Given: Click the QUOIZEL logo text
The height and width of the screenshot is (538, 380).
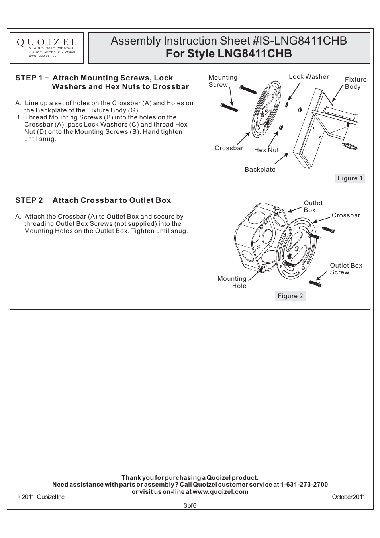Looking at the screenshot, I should click(47, 42).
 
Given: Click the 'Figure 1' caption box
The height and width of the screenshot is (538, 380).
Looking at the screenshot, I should click(350, 178).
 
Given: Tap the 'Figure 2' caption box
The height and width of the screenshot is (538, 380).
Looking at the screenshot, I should click(290, 296).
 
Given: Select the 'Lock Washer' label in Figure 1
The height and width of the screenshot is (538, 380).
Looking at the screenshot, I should click(309, 77).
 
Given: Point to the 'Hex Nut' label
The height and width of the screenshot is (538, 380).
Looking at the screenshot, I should click(266, 150).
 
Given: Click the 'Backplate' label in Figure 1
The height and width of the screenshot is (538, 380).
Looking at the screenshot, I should click(260, 170).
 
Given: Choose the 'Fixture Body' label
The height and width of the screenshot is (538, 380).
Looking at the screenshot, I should click(355, 83).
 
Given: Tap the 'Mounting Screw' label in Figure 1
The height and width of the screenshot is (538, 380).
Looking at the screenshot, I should click(223, 81).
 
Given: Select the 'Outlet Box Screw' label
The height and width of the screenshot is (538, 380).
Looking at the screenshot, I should click(346, 269).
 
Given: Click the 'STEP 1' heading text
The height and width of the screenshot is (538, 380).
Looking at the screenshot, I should click(29, 78).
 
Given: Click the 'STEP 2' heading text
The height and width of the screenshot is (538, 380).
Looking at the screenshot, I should click(29, 200).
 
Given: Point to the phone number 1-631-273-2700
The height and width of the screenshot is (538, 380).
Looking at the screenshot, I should click(304, 485).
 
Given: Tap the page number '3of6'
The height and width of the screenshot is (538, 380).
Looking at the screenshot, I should click(190, 506).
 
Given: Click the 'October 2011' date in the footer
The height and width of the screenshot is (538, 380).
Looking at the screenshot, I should click(348, 497).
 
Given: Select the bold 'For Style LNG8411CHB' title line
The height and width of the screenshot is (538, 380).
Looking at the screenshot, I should click(229, 54).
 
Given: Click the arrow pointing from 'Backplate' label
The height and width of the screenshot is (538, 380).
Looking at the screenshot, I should click(281, 158).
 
